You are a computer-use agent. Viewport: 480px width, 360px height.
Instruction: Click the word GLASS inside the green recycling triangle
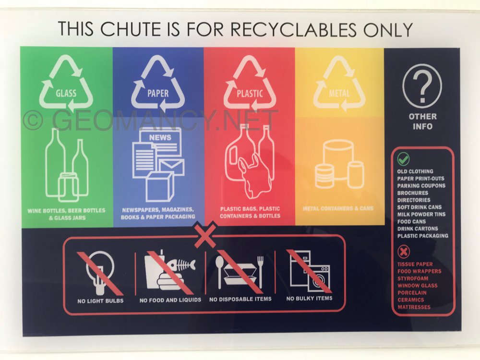(66, 93)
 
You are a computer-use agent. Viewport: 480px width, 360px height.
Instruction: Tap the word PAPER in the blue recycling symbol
(158, 94)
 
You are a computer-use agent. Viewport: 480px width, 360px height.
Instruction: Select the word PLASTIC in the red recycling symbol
(250, 94)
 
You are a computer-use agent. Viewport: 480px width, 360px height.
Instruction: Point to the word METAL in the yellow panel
(339, 93)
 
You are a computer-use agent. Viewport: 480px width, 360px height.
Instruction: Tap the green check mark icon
(403, 159)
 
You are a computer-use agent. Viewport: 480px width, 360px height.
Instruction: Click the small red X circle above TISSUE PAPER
(404, 252)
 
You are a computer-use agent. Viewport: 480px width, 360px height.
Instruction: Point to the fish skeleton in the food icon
(180, 264)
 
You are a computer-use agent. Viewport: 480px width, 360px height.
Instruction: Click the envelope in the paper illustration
(172, 167)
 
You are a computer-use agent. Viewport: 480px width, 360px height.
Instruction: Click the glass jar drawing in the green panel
(68, 186)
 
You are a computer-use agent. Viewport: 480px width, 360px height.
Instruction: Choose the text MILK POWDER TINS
(421, 214)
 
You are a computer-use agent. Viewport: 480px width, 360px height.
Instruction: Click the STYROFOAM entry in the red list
(413, 278)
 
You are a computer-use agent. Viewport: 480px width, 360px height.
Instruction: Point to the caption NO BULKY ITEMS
(309, 298)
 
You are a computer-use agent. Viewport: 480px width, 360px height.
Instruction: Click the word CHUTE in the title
(130, 29)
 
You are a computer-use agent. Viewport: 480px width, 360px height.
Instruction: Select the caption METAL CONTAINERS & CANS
(338, 208)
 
